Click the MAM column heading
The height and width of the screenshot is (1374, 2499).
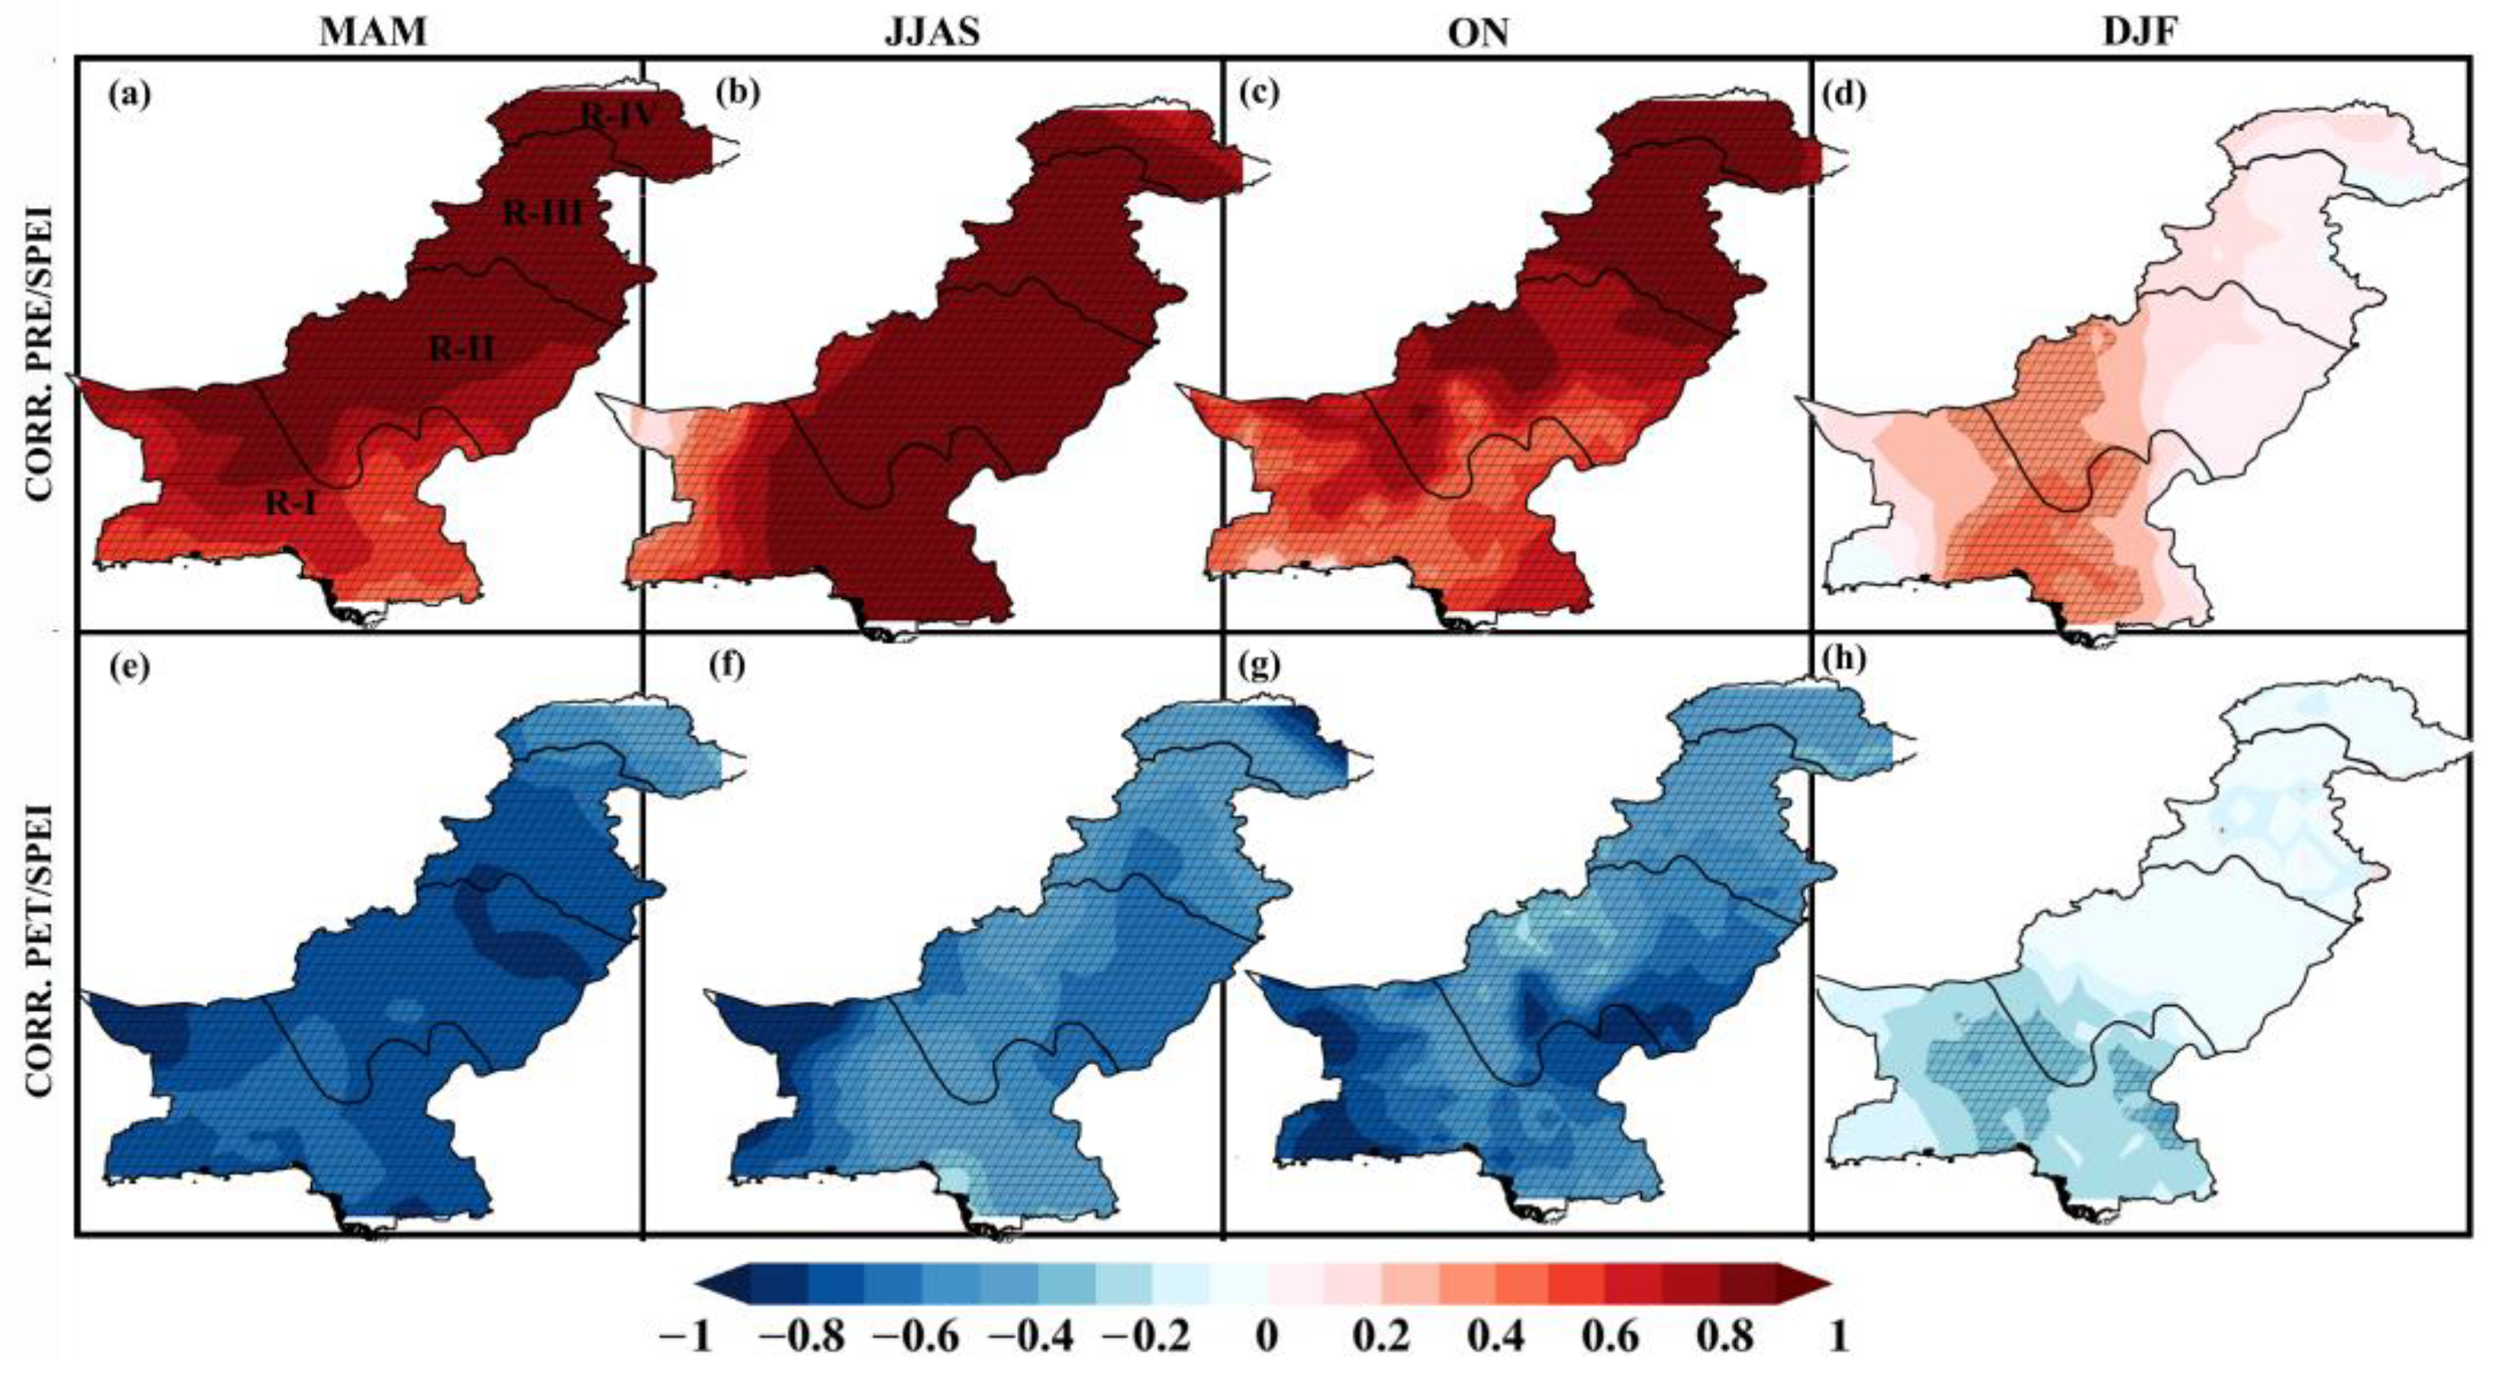[x=372, y=33]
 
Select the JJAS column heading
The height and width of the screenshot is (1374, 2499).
[x=932, y=33]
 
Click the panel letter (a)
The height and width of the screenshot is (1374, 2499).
[x=131, y=94]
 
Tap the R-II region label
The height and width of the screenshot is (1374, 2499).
[x=463, y=348]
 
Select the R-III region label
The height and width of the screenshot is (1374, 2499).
[x=543, y=213]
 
